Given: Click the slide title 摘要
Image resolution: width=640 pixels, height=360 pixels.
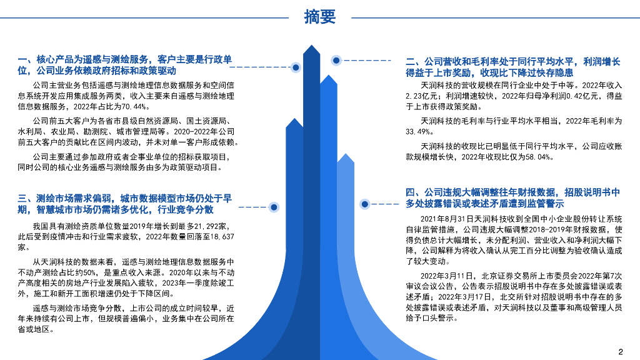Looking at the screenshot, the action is tap(320, 17).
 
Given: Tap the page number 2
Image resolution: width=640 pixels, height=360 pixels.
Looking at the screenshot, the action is tap(621, 351).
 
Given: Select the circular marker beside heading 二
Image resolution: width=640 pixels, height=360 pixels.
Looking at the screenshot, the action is tap(336, 60).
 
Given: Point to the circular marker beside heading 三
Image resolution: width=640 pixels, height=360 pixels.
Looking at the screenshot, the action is tap(274, 206).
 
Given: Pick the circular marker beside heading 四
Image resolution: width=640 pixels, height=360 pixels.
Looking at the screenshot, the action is tap(364, 204).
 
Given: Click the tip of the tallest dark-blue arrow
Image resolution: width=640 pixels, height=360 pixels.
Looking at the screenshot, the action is tap(311, 47).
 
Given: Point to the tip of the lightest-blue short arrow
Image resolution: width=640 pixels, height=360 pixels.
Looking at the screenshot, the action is tap(345, 155).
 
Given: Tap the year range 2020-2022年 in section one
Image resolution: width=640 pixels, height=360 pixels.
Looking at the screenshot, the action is tap(194, 131).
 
